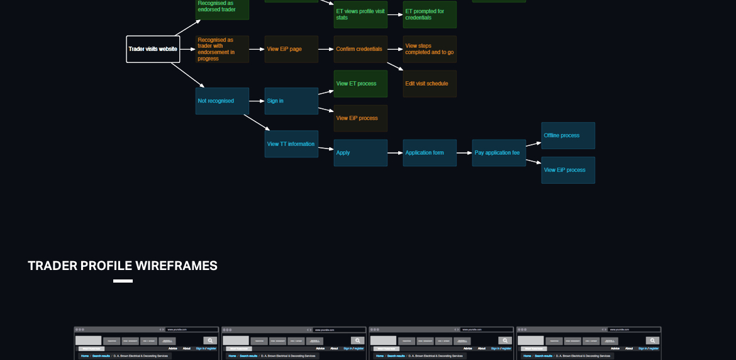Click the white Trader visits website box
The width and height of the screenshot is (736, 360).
click(153, 49)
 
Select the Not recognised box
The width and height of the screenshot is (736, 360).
click(222, 101)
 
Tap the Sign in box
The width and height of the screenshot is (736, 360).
click(291, 101)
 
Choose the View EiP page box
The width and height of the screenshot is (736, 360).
click(291, 49)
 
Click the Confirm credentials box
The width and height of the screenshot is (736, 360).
click(360, 49)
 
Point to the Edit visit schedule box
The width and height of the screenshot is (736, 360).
click(430, 84)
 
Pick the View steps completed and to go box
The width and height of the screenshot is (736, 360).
click(430, 49)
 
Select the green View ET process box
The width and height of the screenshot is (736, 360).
click(360, 84)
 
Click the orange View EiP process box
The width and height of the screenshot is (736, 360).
click(360, 118)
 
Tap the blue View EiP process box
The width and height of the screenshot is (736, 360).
click(568, 170)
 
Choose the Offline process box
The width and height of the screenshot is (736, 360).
click(568, 135)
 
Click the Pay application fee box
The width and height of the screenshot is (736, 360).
click(499, 153)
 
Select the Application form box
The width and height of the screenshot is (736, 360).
click(430, 153)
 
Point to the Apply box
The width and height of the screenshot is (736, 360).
click(360, 153)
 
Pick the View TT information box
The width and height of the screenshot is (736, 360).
click(291, 144)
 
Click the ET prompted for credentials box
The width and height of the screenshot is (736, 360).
click(430, 14)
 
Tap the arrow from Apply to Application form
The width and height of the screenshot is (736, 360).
click(395, 153)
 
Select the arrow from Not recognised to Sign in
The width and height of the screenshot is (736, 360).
click(257, 101)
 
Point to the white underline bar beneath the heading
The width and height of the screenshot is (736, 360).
click(123, 281)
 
